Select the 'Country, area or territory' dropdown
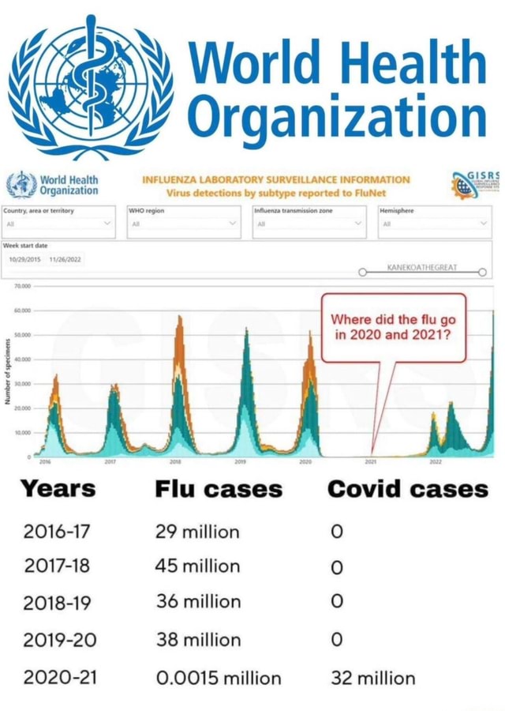point(59,224)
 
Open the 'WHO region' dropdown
point(183,224)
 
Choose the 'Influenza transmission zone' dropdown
point(309,224)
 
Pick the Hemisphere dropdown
point(433,224)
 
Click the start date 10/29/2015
point(24,259)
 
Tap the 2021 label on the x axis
point(370,461)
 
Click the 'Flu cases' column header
point(219,489)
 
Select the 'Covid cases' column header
point(408,489)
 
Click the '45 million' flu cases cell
point(198,566)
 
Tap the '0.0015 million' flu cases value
point(219,678)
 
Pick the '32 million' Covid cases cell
point(373,678)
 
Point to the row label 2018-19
point(58,603)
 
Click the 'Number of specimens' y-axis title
point(7,372)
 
